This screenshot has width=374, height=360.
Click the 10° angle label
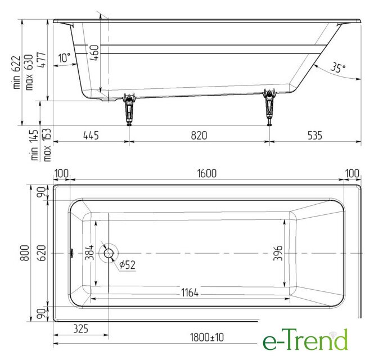point(65,58)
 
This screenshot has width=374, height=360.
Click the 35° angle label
point(338,67)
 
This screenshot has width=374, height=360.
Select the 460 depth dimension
point(95,53)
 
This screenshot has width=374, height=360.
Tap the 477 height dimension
point(41,60)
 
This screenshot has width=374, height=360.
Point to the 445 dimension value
point(91,136)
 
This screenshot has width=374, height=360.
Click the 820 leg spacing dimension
point(199,136)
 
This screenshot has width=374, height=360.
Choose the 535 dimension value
point(315,135)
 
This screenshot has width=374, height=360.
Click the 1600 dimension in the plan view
point(207,173)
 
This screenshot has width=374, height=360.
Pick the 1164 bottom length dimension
point(190,292)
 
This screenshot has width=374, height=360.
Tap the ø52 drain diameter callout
point(127,264)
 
